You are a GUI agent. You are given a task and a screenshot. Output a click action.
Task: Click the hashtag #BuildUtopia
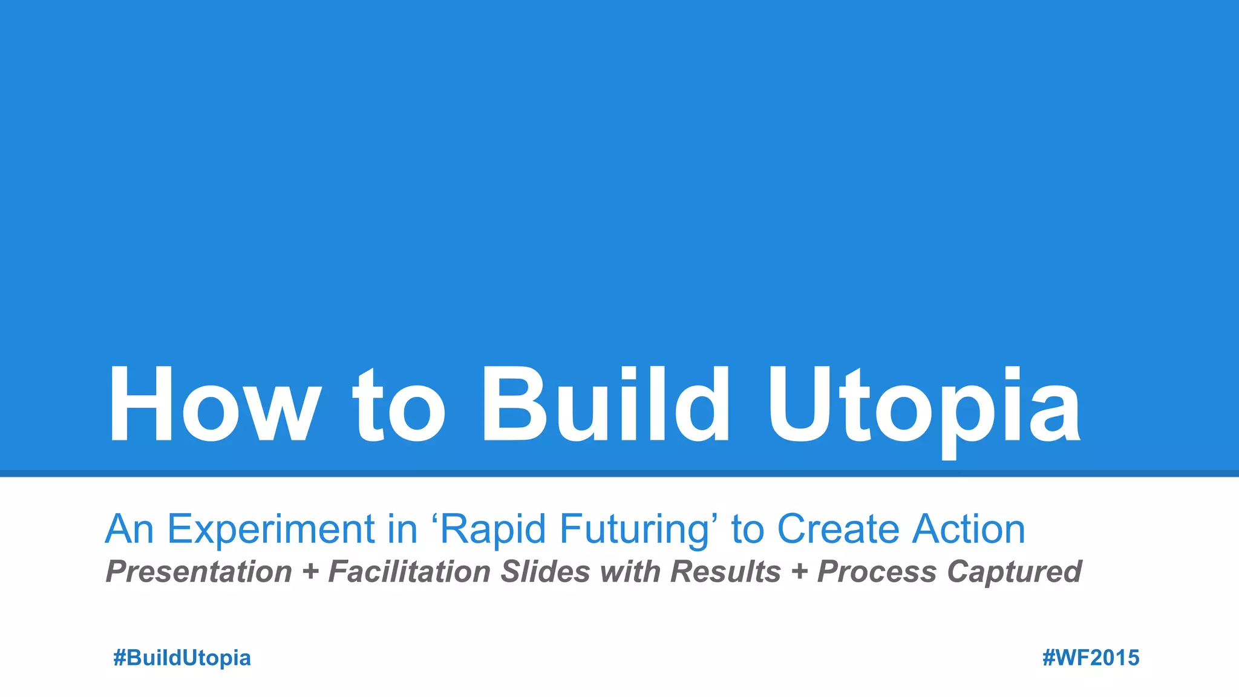pyautogui.click(x=182, y=658)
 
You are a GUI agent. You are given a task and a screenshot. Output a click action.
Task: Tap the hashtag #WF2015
pyautogui.click(x=1091, y=658)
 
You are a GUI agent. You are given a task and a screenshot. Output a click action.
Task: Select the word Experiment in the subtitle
pyautogui.click(x=271, y=529)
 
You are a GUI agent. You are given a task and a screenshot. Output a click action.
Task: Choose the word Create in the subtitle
pyautogui.click(x=839, y=529)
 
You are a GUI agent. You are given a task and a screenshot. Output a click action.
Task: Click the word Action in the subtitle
pyautogui.click(x=969, y=529)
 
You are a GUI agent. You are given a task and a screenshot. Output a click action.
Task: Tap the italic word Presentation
pyautogui.click(x=199, y=572)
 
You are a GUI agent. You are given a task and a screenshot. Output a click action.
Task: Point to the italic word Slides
pyautogui.click(x=545, y=572)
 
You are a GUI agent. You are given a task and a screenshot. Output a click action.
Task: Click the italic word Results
pyautogui.click(x=725, y=572)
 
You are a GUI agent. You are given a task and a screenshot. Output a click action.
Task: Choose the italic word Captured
pyautogui.click(x=1014, y=572)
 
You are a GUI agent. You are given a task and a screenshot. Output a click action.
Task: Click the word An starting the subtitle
pyautogui.click(x=129, y=529)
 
